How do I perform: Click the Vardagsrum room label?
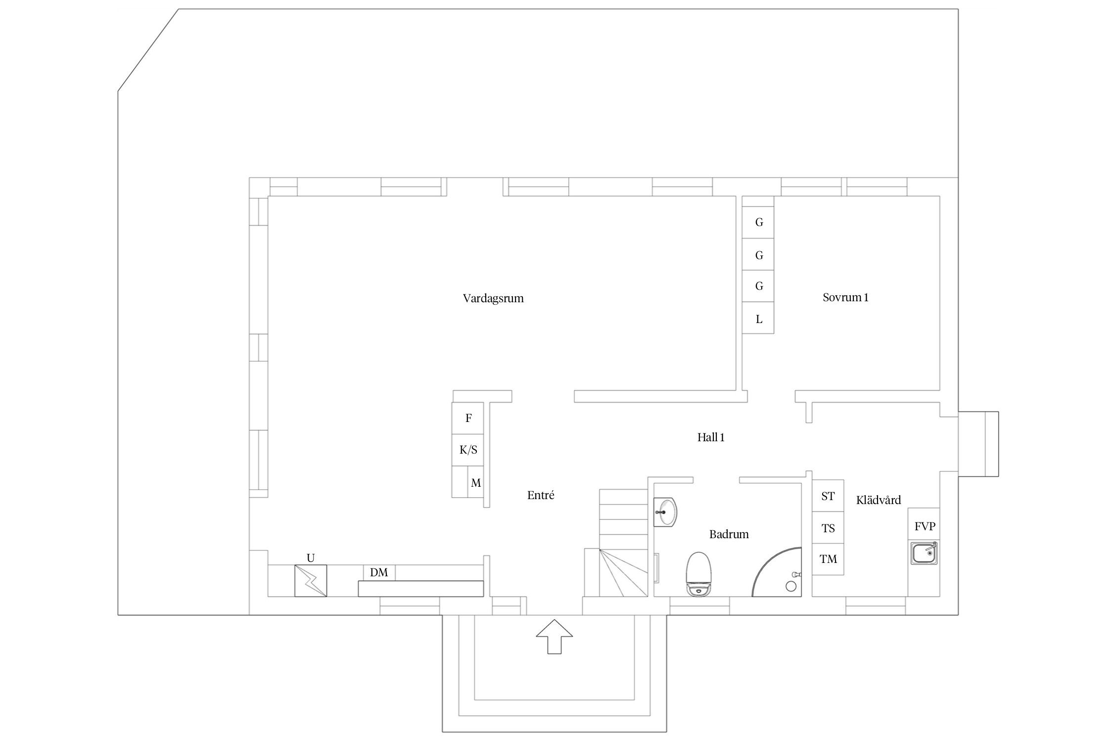pos(493,298)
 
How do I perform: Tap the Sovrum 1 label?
pos(845,297)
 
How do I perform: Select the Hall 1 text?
pos(711,437)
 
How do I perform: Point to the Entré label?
pos(541,495)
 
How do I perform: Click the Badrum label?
pos(729,534)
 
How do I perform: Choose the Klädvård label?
pos(879,500)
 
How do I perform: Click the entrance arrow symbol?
pos(555,637)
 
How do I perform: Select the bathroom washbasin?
pos(665,512)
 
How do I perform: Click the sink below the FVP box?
pos(924,553)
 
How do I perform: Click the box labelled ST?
pos(828,496)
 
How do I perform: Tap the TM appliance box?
pos(828,559)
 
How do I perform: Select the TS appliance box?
pos(828,527)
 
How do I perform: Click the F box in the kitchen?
pos(468,418)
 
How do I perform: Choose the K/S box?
pos(468,450)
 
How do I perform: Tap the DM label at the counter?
pos(379,572)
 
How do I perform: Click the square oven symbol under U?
pos(311,581)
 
